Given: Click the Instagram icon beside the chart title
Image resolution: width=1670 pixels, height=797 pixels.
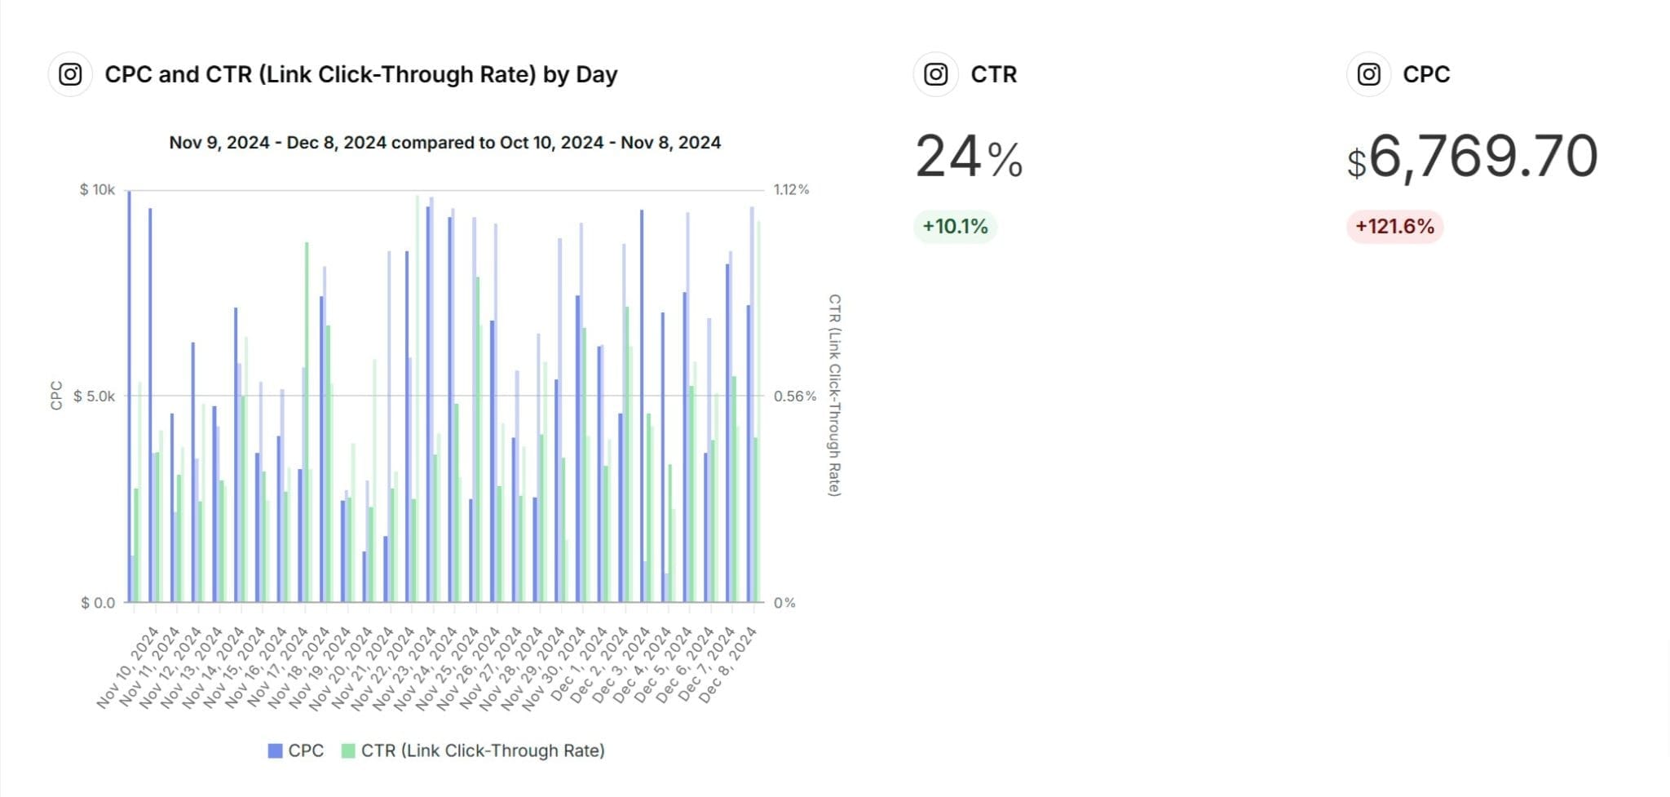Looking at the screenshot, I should [x=70, y=74].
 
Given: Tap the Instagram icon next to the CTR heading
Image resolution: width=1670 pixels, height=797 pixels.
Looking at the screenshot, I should [x=935, y=74].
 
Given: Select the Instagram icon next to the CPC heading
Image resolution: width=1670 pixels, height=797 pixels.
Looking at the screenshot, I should [x=1368, y=74].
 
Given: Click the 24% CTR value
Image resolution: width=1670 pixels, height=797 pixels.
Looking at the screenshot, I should [x=969, y=157].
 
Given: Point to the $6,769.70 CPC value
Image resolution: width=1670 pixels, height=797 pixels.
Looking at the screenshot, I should [x=1472, y=157].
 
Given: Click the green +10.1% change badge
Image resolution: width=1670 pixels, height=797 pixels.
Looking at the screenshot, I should [x=955, y=226].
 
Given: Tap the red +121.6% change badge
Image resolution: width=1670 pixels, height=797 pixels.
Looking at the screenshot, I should [x=1394, y=226].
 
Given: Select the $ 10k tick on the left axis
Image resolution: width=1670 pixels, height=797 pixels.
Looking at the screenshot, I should [x=97, y=190].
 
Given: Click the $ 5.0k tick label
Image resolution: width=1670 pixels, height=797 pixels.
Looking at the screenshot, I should [x=95, y=396].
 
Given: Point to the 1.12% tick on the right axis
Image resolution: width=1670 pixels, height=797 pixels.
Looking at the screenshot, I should [x=791, y=190].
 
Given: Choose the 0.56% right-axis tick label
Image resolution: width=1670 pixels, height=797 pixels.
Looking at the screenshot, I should [x=794, y=396].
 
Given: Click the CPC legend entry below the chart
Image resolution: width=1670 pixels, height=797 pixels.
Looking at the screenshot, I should [x=296, y=751].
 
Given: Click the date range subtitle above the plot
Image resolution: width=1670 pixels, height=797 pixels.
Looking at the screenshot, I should [x=444, y=143].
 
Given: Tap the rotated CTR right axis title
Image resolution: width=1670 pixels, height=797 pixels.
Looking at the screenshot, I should [x=834, y=396].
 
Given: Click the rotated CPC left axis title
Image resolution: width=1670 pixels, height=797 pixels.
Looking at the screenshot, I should [x=56, y=396].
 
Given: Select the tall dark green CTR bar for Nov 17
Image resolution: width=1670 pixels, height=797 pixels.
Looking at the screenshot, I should [x=307, y=422].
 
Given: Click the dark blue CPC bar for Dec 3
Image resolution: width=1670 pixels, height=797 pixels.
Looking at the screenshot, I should [x=642, y=405].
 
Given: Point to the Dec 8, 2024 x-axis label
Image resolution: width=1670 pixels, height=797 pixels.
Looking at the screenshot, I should [x=728, y=666].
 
